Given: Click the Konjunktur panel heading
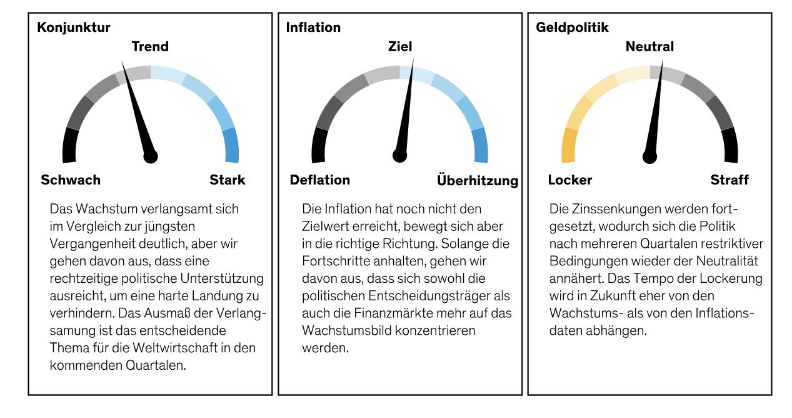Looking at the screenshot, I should pos(73,28).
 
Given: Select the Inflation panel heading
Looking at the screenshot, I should pos(313,28).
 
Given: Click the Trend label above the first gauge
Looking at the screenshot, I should pos(150,47).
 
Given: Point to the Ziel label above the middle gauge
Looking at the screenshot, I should pos(400,47).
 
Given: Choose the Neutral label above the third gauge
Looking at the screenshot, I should pos(649,47).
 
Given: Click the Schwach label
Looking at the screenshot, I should pos(71,180).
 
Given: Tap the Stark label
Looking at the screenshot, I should pos(228,180).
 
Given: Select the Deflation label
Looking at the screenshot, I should pos(319,180).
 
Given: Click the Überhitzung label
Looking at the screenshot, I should pos(478,181).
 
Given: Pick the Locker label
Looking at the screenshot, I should pos(569,180).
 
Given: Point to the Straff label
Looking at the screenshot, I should pos(729,180).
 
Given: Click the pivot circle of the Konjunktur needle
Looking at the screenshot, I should pos(151,156).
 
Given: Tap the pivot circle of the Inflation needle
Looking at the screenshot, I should pos(400,155).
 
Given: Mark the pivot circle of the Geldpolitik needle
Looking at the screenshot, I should pos(650,156).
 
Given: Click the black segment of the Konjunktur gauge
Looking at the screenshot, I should pos(70,145).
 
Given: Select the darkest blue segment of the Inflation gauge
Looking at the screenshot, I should pos(479,145).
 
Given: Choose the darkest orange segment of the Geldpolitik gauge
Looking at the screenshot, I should pos(569,145).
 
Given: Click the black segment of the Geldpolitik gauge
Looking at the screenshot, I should pos(729,145).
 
